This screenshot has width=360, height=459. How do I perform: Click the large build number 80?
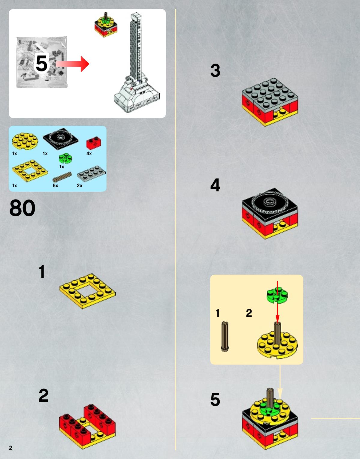click(22, 208)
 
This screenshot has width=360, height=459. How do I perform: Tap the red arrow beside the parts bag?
click(72, 64)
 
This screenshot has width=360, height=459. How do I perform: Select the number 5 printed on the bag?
click(41, 63)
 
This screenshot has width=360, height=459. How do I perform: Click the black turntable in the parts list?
click(60, 139)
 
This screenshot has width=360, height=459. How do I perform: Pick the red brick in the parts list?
click(94, 143)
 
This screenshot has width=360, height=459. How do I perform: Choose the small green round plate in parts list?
click(65, 158)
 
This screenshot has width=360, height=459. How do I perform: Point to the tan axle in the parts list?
click(62, 177)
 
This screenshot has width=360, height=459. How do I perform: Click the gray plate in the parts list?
click(91, 174)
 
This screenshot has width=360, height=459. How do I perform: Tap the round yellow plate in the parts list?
click(25, 141)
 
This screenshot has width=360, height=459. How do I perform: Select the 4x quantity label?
click(89, 154)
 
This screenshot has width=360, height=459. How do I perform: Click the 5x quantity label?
click(55, 186)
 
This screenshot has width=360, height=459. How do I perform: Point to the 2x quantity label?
click(80, 186)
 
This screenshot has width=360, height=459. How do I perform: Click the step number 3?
click(215, 70)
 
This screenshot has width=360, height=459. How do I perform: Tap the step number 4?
click(215, 185)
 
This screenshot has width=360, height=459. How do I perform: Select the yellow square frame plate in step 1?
click(87, 291)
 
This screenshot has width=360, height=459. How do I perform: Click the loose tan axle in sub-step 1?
click(225, 337)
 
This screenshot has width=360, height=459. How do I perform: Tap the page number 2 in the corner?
click(11, 448)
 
